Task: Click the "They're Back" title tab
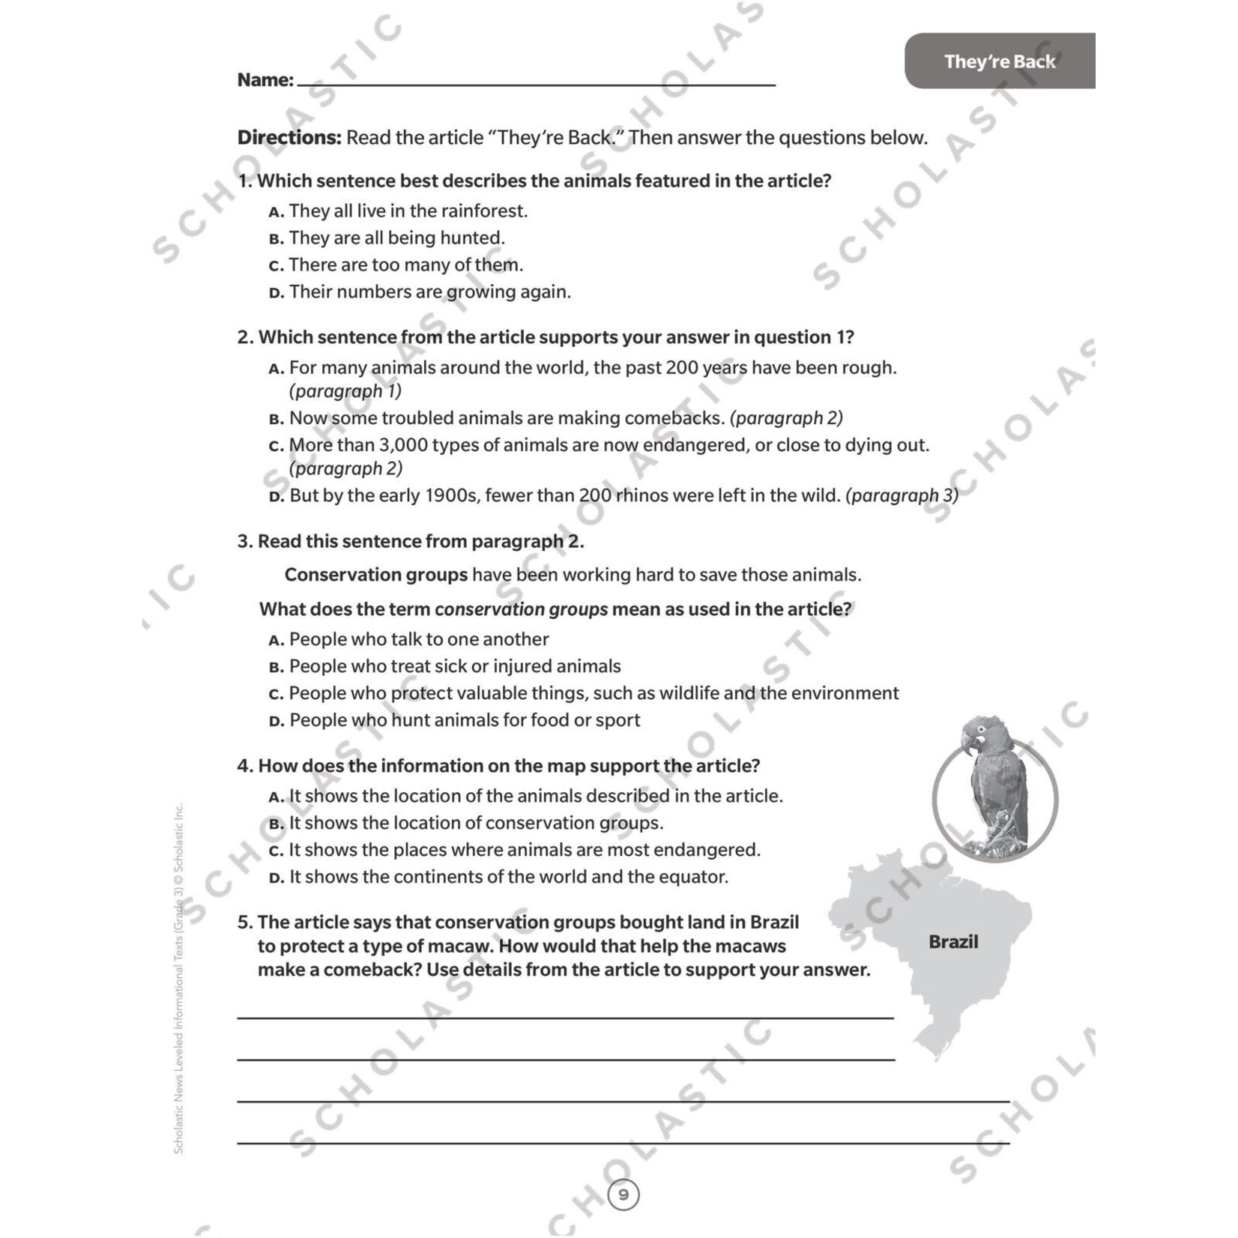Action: [x=999, y=61]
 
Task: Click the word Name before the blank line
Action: [x=264, y=80]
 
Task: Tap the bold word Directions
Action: [x=289, y=138]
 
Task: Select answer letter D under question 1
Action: [x=277, y=293]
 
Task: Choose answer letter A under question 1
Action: [x=277, y=212]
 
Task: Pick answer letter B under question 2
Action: [x=277, y=419]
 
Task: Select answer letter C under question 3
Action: [x=277, y=695]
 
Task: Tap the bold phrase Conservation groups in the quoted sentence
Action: [x=375, y=575]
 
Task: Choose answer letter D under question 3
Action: [x=277, y=722]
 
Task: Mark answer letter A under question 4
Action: [x=277, y=797]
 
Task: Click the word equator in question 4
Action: [x=696, y=877]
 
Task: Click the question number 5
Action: [x=244, y=923]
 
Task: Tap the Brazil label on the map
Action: [x=952, y=942]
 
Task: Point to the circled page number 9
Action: [x=623, y=1195]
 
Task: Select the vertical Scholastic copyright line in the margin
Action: [x=178, y=978]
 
